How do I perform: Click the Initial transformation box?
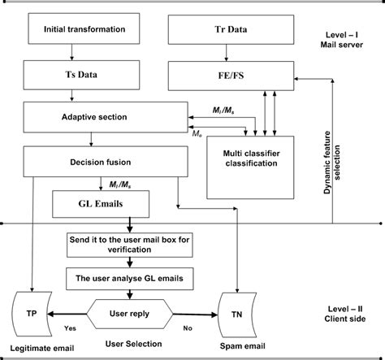[x=73, y=30]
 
